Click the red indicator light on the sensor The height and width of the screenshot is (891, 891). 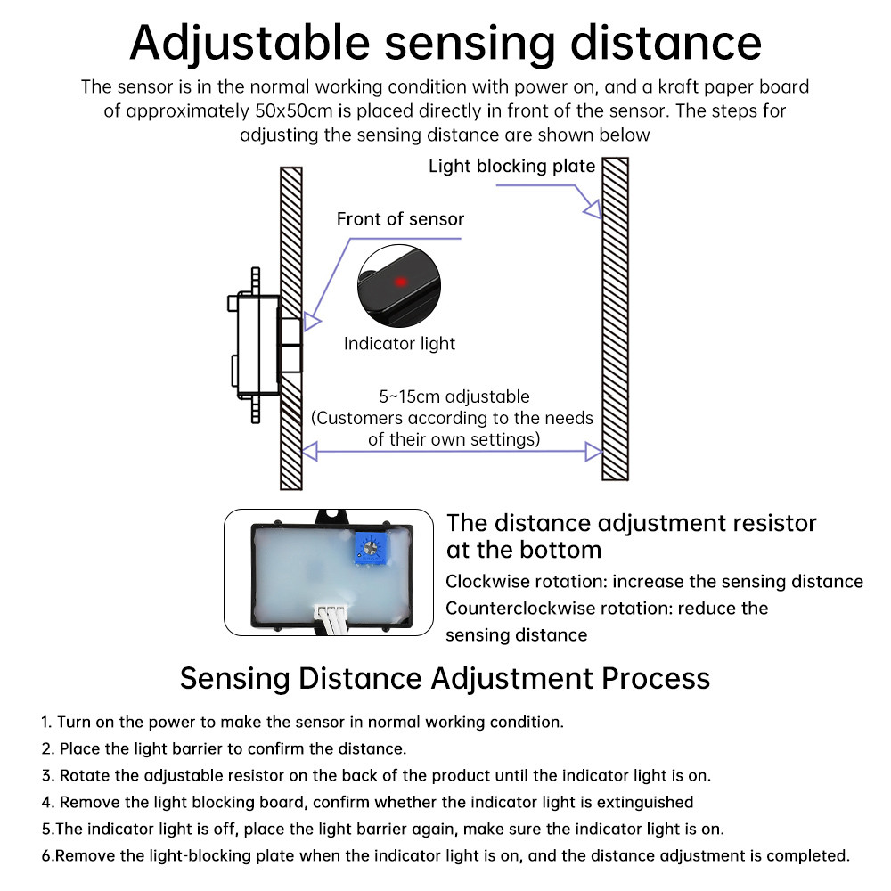[401, 282]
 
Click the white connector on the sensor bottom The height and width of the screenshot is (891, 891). [333, 616]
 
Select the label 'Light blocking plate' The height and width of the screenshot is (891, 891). [511, 166]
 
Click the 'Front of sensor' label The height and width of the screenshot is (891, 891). [400, 219]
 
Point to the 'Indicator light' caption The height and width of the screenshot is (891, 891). [399, 344]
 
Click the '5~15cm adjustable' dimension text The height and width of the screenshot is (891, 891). [454, 396]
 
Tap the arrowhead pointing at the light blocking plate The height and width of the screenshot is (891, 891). [592, 208]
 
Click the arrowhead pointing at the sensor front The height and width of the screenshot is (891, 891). [311, 322]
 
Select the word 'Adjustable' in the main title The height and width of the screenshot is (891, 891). [249, 42]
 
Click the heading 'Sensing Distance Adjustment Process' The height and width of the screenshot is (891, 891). [445, 678]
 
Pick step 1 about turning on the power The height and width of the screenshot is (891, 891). [302, 722]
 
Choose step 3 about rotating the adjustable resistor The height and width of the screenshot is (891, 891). [375, 775]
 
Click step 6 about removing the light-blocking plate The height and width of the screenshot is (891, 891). [445, 855]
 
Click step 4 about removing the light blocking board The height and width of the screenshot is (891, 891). [367, 802]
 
